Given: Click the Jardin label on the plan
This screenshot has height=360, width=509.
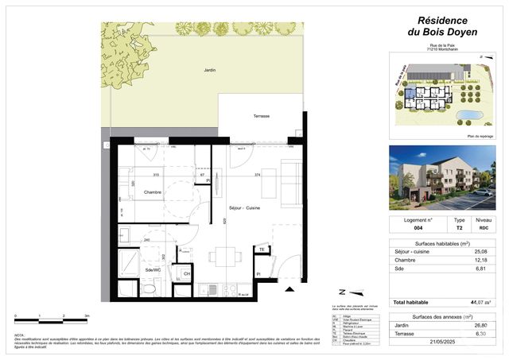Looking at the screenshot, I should pyautogui.click(x=209, y=71).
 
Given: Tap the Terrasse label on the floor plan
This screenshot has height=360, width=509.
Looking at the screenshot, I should pyautogui.click(x=261, y=116).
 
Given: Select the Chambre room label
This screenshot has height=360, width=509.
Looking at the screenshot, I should pyautogui.click(x=153, y=192).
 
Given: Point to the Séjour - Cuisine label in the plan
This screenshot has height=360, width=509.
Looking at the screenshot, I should pyautogui.click(x=245, y=207).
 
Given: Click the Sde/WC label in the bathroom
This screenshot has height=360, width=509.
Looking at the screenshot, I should pyautogui.click(x=153, y=270).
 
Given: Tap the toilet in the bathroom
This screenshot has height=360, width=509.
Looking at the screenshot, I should pyautogui.click(x=149, y=288).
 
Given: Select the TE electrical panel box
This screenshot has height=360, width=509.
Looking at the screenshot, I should pyautogui.click(x=260, y=250).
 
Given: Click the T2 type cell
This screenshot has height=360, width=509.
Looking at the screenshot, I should pyautogui.click(x=459, y=227).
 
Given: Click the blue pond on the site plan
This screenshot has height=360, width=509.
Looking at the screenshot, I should pyautogui.click(x=470, y=115).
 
